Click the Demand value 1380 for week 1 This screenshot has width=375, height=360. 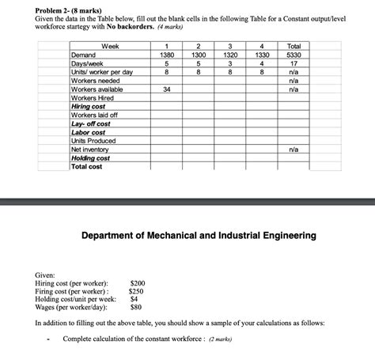166,55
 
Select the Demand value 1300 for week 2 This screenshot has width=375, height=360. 199,55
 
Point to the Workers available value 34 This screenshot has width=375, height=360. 166,89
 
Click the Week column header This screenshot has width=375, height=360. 111,47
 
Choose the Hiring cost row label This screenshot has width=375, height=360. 88,107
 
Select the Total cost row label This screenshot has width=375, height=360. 86,167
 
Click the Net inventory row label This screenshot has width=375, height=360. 90,150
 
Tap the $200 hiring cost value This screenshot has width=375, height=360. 137,283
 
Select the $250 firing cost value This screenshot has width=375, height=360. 137,291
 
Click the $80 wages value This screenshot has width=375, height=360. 135,307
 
